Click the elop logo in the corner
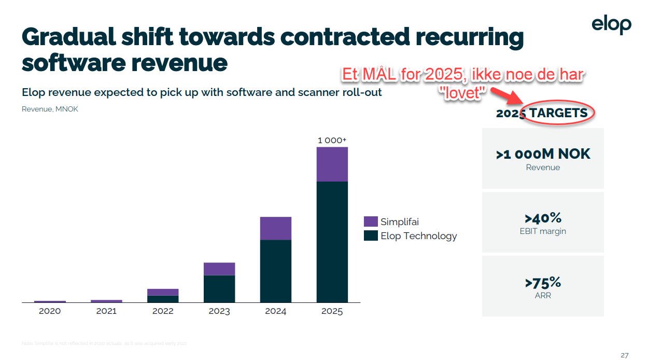(x=612, y=25)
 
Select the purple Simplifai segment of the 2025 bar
(x=332, y=164)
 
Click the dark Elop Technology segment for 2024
(x=275, y=271)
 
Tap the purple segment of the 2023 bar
(x=219, y=269)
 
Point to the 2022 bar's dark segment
(x=162, y=299)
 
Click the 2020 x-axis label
(x=50, y=311)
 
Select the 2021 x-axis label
(x=106, y=311)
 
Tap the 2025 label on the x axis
(x=332, y=311)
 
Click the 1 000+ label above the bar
(x=332, y=140)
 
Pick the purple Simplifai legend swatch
(x=371, y=221)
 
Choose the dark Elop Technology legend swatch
(x=371, y=236)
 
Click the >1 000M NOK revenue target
(x=543, y=154)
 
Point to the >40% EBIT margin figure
(x=543, y=218)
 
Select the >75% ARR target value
(x=543, y=283)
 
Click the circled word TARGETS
(x=558, y=113)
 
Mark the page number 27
(x=624, y=355)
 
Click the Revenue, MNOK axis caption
(x=50, y=109)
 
